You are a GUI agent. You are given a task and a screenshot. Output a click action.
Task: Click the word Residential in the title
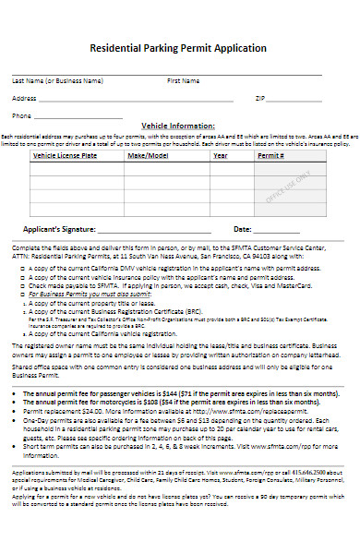(117, 47)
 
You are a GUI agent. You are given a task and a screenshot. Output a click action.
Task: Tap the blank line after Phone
(83, 118)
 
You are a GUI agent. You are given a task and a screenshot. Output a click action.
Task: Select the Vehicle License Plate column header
(64, 156)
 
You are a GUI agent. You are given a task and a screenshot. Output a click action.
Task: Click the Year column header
(221, 156)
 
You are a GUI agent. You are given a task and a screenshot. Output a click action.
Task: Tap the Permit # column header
(269, 156)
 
